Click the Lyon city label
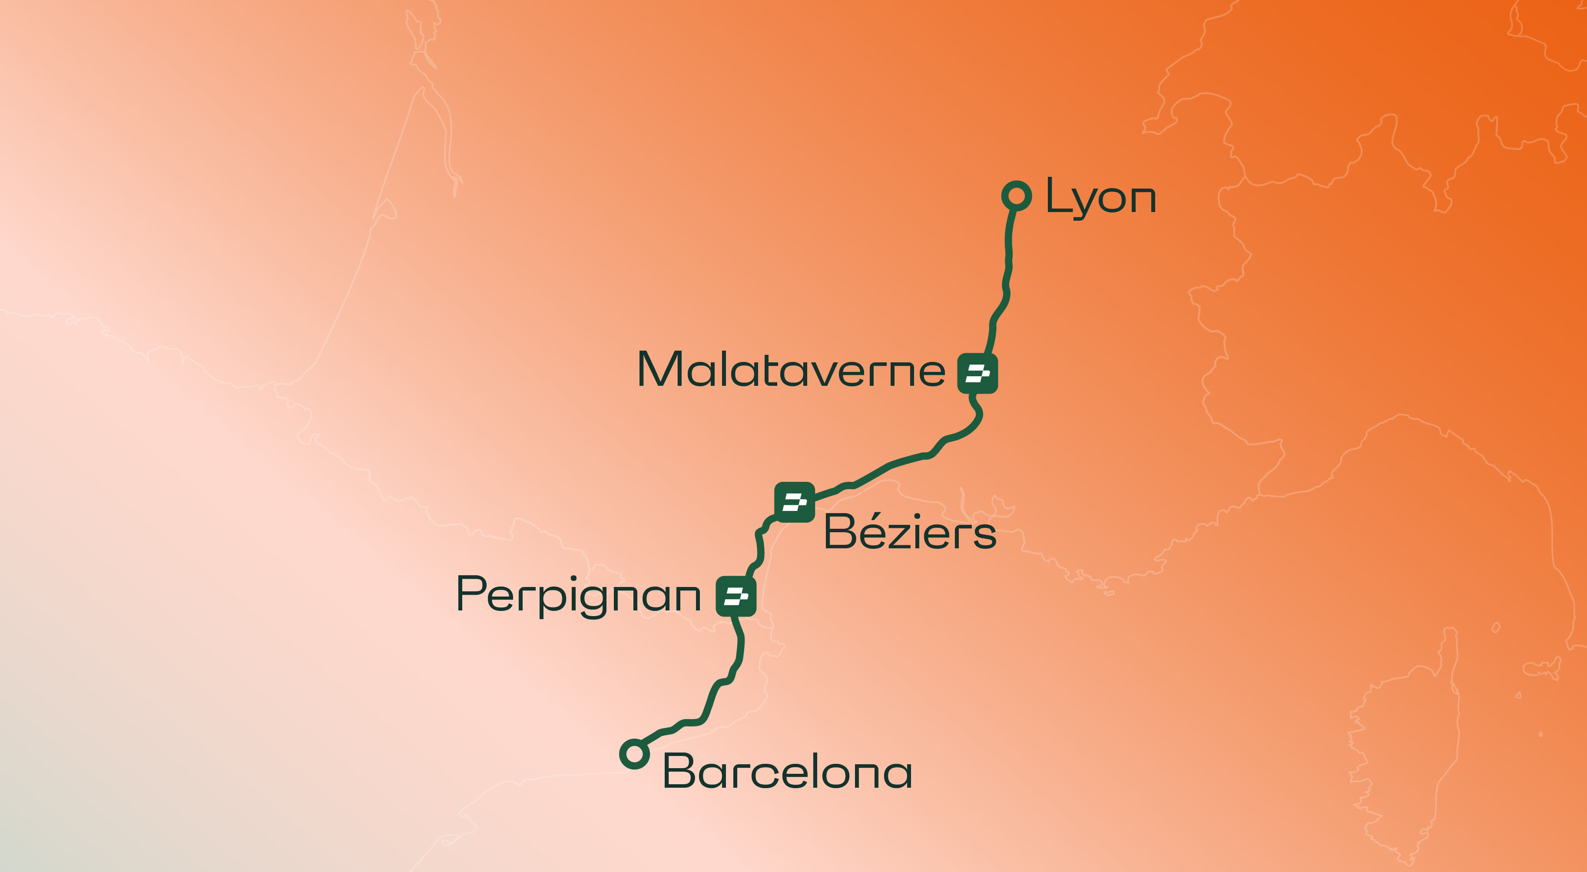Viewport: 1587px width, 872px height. (x=1100, y=197)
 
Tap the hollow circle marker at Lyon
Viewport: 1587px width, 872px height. (x=1017, y=196)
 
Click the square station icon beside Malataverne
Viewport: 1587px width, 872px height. (x=977, y=373)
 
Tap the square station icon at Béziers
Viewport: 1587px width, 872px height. (x=795, y=502)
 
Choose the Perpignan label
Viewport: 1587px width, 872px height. (x=578, y=595)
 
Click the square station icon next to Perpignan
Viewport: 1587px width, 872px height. (x=736, y=596)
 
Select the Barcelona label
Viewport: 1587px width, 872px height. (x=787, y=772)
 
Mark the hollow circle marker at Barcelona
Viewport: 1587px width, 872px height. (x=634, y=753)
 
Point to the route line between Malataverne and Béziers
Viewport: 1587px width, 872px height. (x=893, y=465)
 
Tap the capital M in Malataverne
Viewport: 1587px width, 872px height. (x=659, y=369)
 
